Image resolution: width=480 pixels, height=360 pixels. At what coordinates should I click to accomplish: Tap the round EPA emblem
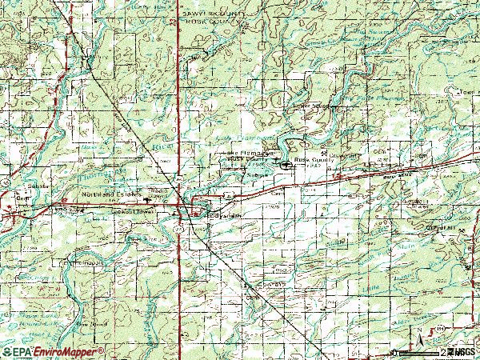pyautogui.click(x=6, y=351)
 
